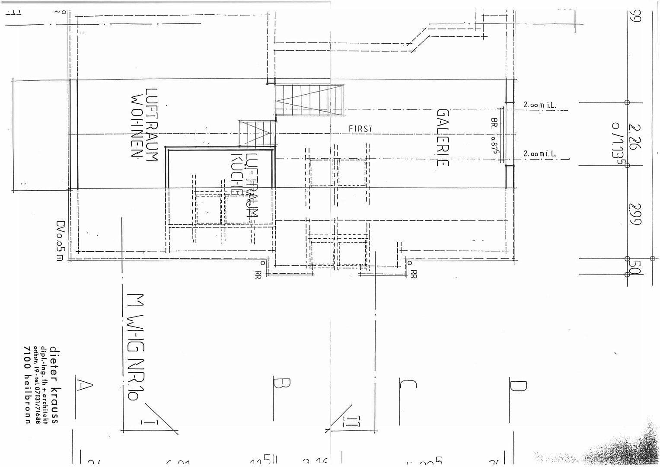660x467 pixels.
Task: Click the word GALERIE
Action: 443,138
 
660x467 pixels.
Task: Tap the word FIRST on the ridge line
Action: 360,129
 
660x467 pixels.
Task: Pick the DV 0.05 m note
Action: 60,241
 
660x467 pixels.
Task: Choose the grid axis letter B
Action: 281,383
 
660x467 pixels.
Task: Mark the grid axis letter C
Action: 407,384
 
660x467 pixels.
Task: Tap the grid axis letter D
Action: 518,385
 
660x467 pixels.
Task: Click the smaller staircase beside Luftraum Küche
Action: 257,133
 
